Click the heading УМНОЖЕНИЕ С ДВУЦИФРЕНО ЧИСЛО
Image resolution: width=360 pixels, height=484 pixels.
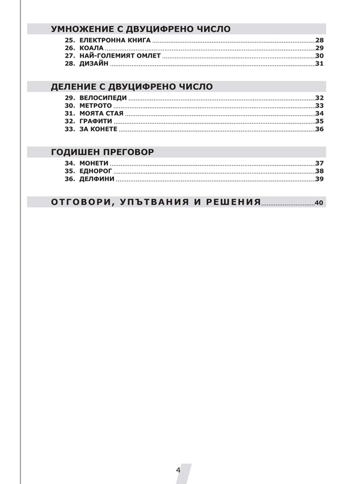click(140, 29)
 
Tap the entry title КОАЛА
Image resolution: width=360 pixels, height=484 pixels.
click(92, 47)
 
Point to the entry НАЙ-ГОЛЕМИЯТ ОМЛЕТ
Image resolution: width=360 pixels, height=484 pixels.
click(120, 56)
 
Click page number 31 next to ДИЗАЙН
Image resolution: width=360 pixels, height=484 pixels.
click(319, 64)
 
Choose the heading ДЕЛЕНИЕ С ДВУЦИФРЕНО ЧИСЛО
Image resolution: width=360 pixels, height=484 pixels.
click(131, 87)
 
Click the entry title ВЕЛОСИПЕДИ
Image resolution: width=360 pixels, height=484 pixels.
click(102, 98)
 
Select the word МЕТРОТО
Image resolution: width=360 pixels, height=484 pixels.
click(95, 106)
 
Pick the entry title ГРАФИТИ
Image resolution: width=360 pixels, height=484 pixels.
click(95, 121)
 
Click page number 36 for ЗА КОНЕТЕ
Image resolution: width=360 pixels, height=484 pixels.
click(319, 130)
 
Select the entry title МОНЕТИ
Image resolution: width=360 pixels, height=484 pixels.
click(94, 163)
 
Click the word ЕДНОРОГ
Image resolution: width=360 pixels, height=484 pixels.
click(97, 171)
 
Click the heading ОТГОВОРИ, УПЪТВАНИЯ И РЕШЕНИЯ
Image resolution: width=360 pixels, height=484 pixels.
click(156, 202)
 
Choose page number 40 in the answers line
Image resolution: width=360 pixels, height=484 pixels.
click(319, 203)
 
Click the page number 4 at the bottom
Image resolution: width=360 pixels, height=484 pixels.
click(178, 470)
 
